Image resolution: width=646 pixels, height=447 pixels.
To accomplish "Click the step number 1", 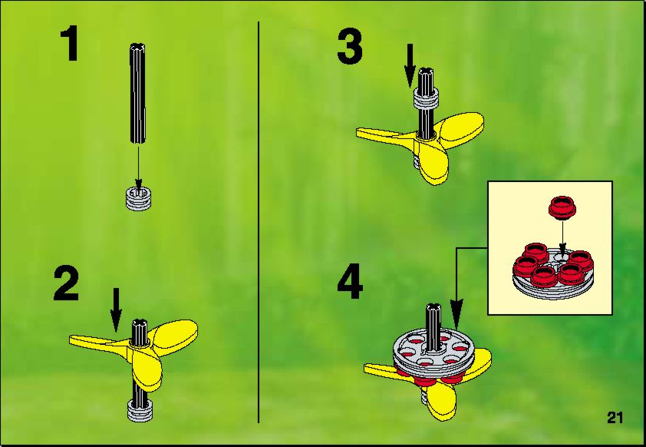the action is [x=70, y=44].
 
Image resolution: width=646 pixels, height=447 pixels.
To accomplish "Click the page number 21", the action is [x=615, y=418].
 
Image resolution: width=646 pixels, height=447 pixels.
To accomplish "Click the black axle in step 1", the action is [x=138, y=93].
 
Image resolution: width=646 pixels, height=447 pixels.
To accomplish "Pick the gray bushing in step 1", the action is [x=138, y=198].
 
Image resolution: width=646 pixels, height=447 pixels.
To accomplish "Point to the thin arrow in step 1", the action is [x=138, y=164].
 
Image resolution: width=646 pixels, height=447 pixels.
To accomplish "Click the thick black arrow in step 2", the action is [x=116, y=310].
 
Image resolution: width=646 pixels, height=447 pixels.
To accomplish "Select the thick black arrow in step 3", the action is [x=410, y=65].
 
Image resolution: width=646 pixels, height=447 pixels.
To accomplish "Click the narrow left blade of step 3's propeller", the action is [x=384, y=134].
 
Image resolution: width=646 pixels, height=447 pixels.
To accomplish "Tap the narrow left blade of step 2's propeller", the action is [x=99, y=342].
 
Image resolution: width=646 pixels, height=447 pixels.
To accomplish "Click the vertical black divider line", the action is [x=259, y=222].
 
